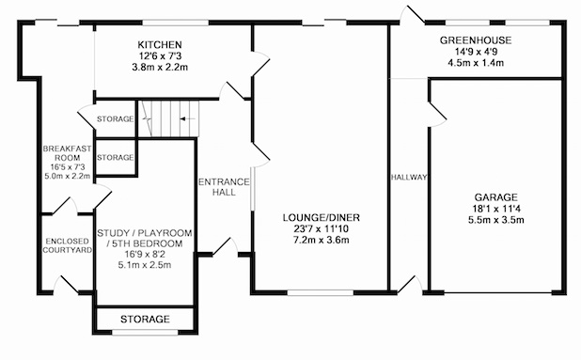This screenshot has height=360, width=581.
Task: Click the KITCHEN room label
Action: (160, 45)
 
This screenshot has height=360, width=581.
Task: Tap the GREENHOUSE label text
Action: (476, 40)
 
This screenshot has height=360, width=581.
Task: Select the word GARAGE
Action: (495, 197)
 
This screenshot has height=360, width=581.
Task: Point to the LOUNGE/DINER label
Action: (321, 217)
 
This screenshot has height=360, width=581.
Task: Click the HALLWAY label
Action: (409, 178)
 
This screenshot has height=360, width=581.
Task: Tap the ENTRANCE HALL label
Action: (224, 187)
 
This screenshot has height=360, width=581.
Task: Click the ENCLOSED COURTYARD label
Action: (67, 245)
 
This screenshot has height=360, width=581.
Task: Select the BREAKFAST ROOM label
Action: (67, 153)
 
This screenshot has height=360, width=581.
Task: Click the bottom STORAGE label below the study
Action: (145, 319)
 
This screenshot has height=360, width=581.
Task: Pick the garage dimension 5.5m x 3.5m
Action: (495, 220)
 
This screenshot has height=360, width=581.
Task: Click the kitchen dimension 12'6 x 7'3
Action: (160, 56)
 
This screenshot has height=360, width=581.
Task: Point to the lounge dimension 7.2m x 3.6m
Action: (321, 240)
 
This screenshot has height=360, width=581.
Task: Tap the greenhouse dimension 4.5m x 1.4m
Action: (476, 63)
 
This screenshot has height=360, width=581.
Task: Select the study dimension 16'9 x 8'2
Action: (145, 254)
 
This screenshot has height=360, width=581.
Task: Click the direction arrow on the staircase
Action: (187, 118)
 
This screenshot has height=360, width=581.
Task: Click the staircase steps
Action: (168, 118)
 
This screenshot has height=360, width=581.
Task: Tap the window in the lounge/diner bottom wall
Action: (321, 292)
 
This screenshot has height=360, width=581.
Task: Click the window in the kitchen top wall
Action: (176, 23)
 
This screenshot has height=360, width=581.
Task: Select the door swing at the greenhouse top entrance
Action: (412, 15)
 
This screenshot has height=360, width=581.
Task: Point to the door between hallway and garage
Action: (437, 115)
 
